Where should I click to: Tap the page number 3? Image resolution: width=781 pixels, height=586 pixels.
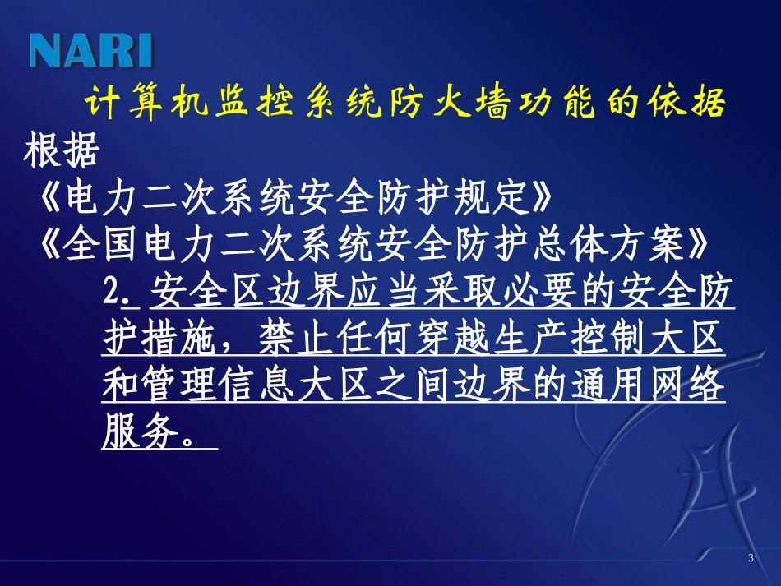click(x=751, y=560)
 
